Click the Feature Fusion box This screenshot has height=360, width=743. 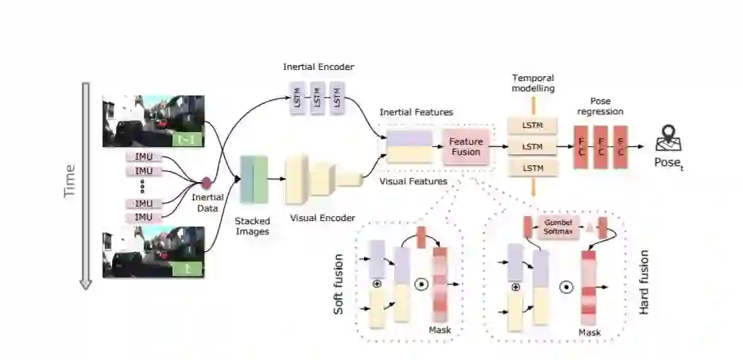466,145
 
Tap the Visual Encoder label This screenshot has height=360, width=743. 322,218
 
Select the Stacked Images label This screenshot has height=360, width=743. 252,226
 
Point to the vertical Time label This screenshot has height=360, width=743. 70,182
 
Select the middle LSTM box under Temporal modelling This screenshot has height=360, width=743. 532,146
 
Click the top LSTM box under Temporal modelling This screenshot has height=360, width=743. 532,126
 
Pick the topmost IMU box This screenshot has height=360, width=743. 144,157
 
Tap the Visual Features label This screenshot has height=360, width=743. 413,181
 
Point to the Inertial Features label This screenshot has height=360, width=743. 416,112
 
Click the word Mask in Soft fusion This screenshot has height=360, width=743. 439,329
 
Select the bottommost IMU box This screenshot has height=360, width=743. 144,217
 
